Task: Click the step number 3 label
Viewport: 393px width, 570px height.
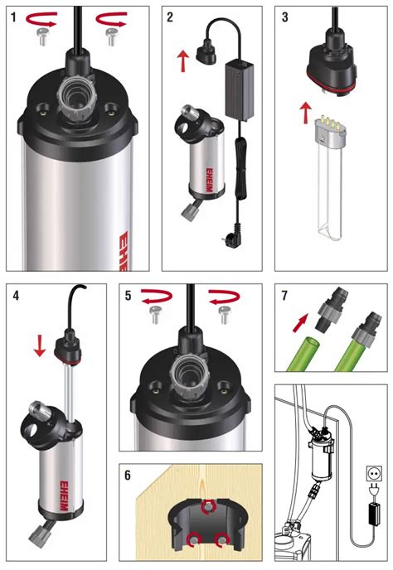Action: coord(286,17)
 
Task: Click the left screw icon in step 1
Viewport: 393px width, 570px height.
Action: coord(42,35)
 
